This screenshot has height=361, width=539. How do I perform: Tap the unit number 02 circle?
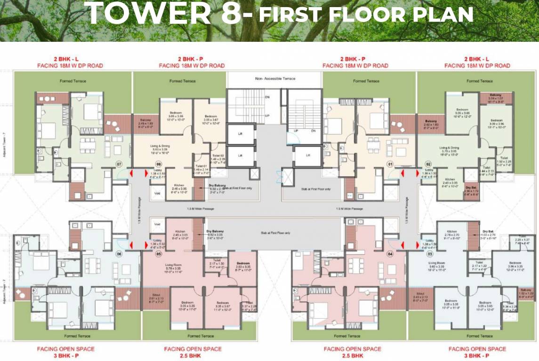coord(429,165)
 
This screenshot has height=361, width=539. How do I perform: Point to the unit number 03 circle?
coord(429,254)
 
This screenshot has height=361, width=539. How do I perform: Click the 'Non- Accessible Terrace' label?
coord(275,78)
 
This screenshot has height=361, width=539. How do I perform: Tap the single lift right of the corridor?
coord(308,156)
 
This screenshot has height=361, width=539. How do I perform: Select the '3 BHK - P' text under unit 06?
coord(65,356)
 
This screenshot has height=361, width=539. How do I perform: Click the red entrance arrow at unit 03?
coord(418,244)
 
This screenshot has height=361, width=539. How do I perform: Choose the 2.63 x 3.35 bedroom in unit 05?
coord(243,266)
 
